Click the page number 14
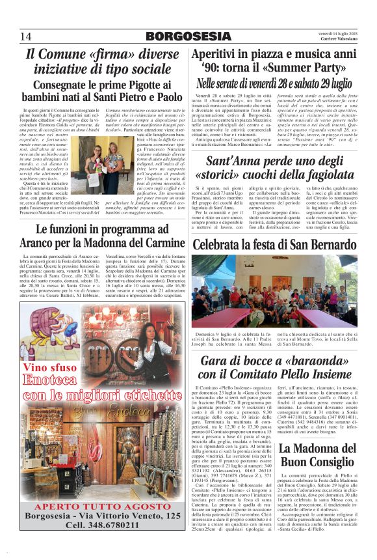click(26, 35)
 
